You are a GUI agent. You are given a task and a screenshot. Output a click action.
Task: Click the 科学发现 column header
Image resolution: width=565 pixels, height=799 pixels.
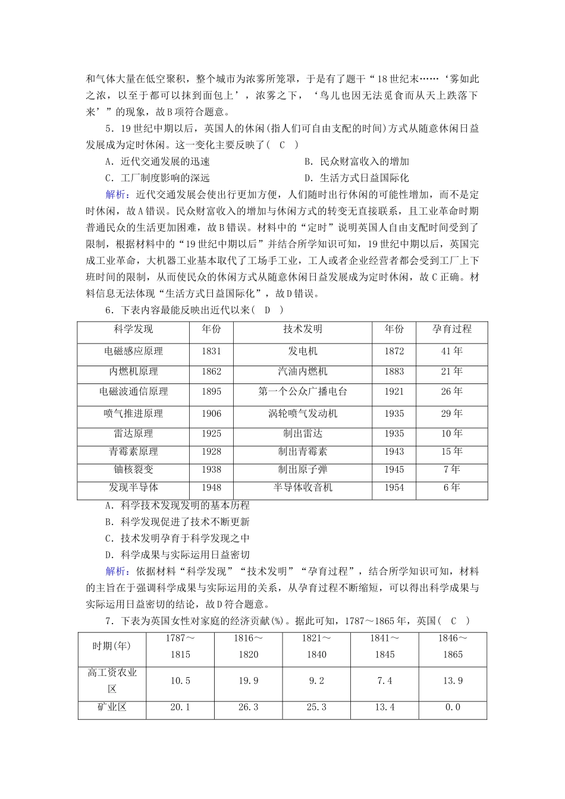(133, 329)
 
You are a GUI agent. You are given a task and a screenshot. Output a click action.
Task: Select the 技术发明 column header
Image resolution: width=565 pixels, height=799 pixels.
(303, 329)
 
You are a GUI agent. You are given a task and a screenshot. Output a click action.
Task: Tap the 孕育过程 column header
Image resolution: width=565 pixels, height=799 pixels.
(452, 329)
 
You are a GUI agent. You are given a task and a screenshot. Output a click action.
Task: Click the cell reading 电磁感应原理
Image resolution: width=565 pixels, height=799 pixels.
(133, 351)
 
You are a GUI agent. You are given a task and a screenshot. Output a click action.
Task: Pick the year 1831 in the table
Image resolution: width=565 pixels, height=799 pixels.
(211, 351)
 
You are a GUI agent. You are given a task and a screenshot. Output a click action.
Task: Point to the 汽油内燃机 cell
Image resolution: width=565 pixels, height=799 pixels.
(303, 372)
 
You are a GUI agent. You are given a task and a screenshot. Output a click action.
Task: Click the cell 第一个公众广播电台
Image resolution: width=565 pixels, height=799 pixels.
(303, 392)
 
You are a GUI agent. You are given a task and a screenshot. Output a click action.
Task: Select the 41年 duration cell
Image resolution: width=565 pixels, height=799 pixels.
(452, 351)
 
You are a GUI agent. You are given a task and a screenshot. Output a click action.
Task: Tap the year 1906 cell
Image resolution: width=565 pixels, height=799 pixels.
(211, 414)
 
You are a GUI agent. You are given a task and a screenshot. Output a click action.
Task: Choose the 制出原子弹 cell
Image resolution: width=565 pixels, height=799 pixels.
(303, 470)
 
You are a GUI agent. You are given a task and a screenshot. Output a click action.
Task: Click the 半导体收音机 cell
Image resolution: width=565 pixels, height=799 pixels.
(303, 488)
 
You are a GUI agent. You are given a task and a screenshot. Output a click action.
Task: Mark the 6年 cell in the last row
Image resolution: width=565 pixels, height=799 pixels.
(452, 488)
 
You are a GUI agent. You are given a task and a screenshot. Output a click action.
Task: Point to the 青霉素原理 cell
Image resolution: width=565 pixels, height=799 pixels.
(133, 452)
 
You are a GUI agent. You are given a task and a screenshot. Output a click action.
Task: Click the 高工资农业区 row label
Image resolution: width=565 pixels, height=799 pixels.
(112, 681)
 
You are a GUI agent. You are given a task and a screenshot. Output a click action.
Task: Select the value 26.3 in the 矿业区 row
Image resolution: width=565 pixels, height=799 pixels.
(248, 707)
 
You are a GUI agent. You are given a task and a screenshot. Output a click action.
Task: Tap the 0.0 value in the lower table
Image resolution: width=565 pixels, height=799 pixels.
(452, 707)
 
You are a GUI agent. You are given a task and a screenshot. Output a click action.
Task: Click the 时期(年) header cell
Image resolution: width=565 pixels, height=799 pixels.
(112, 646)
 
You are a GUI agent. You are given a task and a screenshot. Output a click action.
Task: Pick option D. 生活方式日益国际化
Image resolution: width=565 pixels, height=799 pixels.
(357, 178)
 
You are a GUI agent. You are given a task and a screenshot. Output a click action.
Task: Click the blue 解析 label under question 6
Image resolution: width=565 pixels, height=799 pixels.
(116, 571)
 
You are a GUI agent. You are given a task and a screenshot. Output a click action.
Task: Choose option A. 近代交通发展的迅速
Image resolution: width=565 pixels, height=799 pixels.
(158, 161)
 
